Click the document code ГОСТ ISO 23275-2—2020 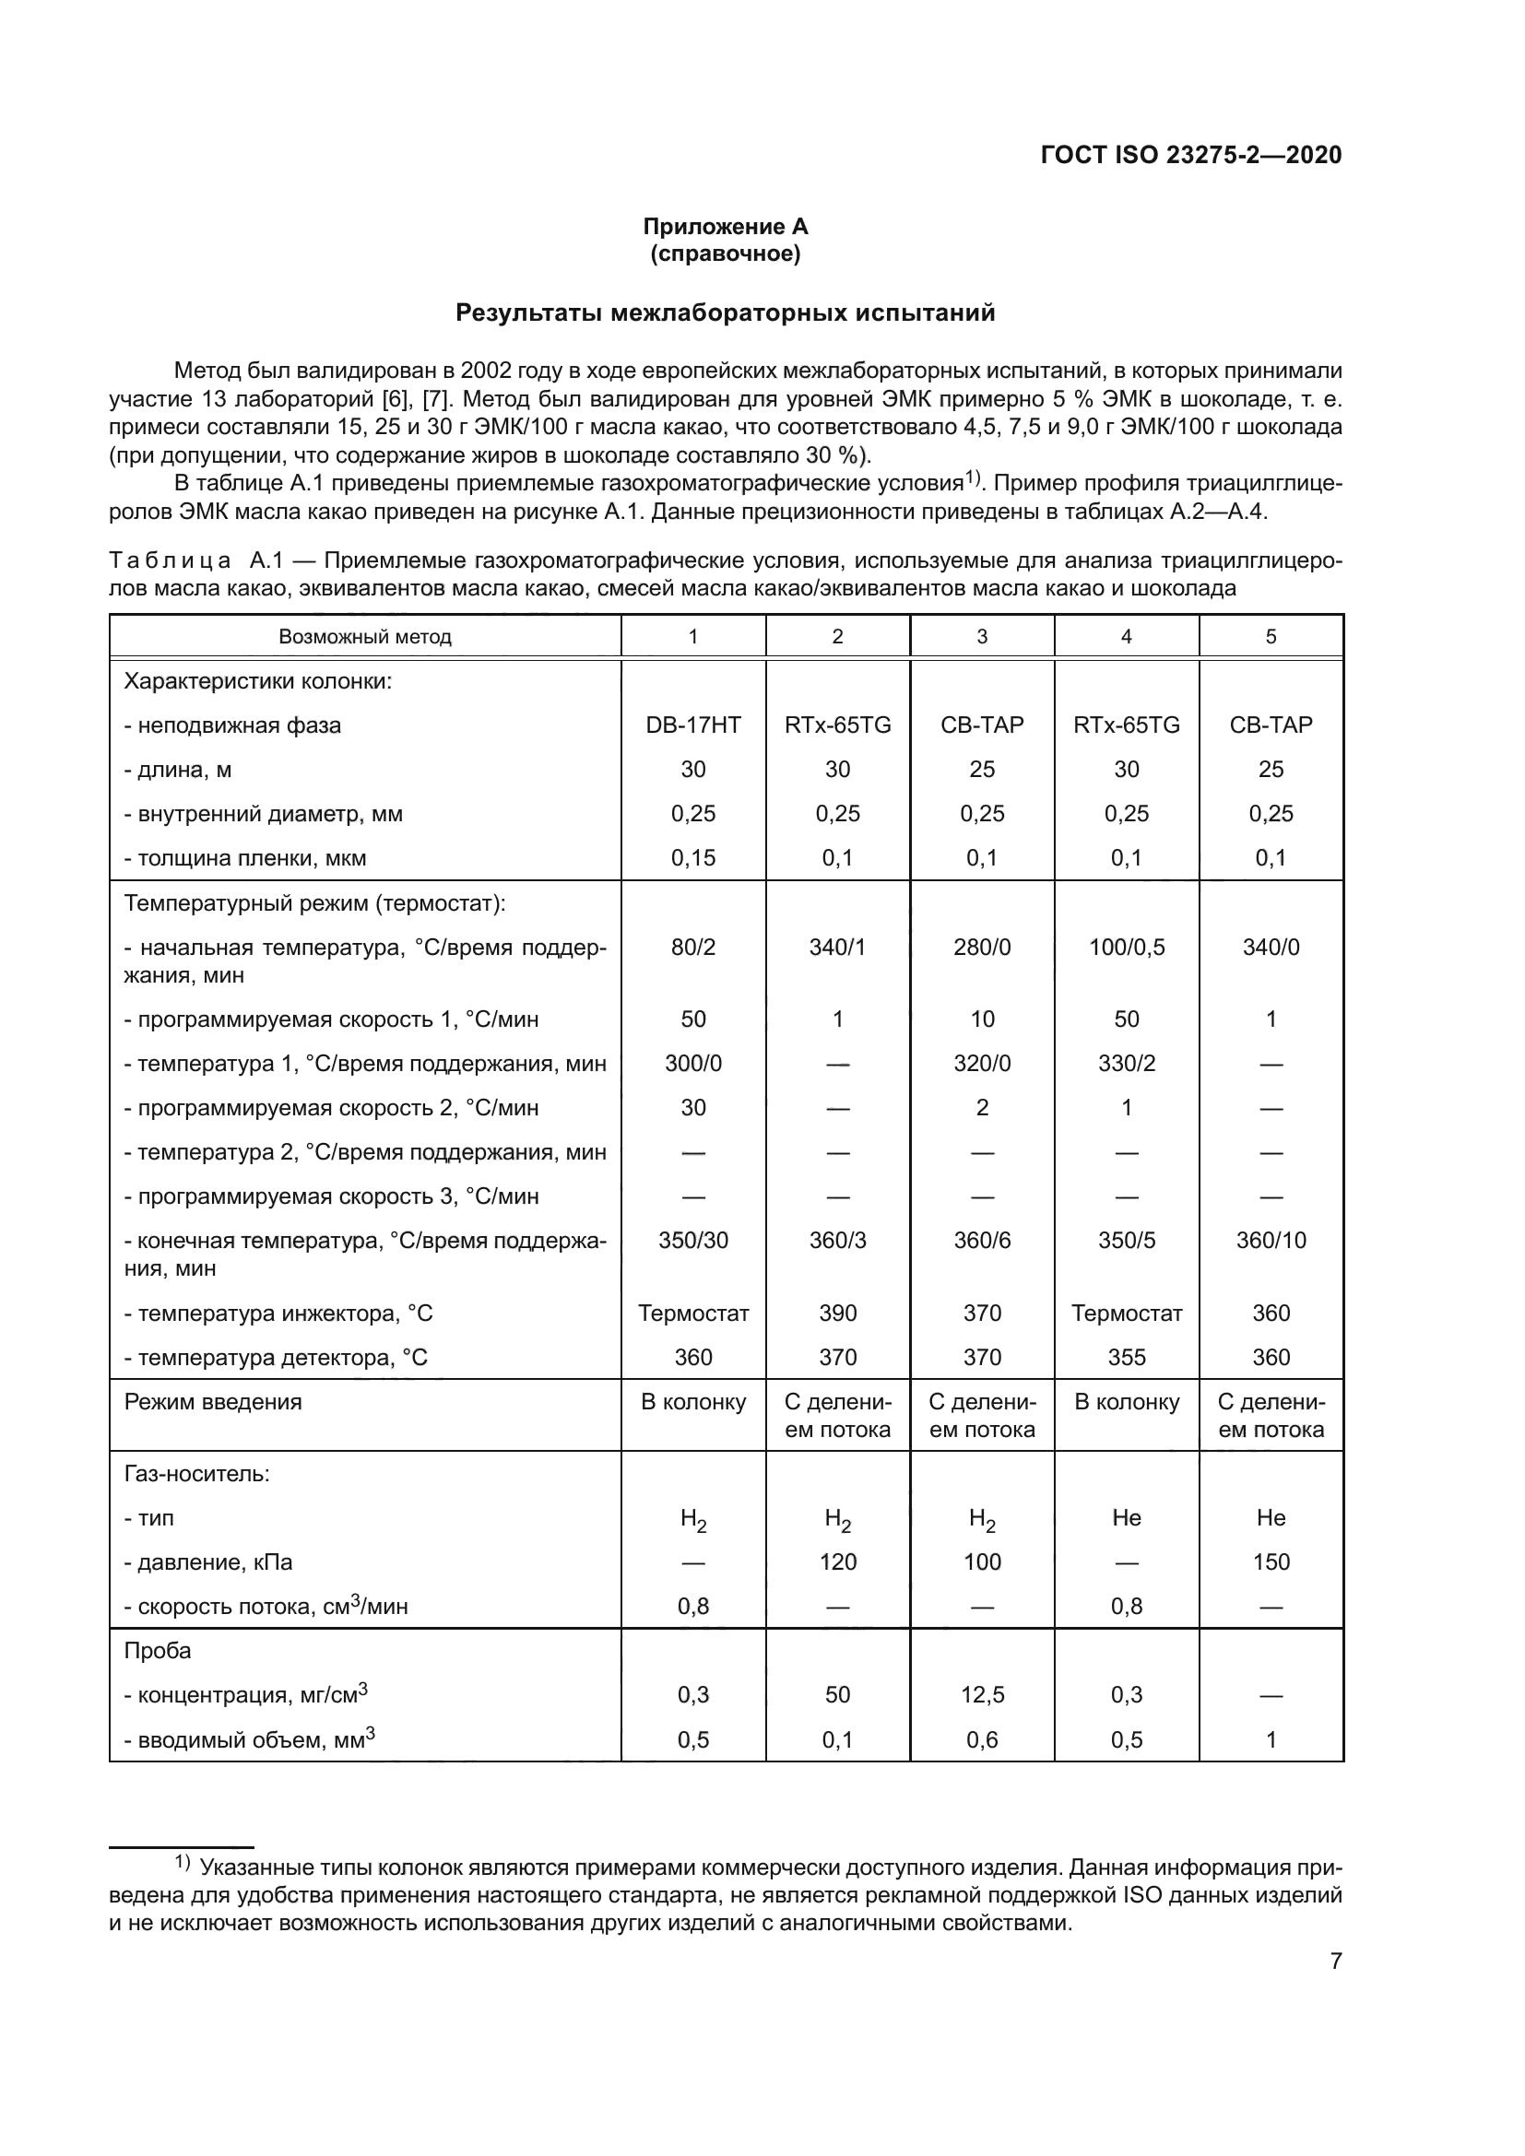click(1190, 155)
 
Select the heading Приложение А click(725, 227)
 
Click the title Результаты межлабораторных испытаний click(725, 312)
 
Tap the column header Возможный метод click(364, 637)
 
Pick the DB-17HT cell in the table click(693, 725)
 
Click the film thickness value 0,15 click(693, 857)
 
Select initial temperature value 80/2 click(693, 947)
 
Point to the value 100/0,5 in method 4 click(1126, 947)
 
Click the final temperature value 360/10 click(1271, 1240)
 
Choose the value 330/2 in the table click(1126, 1063)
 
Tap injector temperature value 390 click(837, 1313)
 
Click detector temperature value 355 click(1126, 1357)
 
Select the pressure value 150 click(1271, 1561)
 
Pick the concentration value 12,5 click(981, 1694)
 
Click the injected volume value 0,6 click(981, 1739)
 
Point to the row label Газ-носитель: click(196, 1473)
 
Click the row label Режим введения click(212, 1402)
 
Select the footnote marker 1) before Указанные click(183, 1863)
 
